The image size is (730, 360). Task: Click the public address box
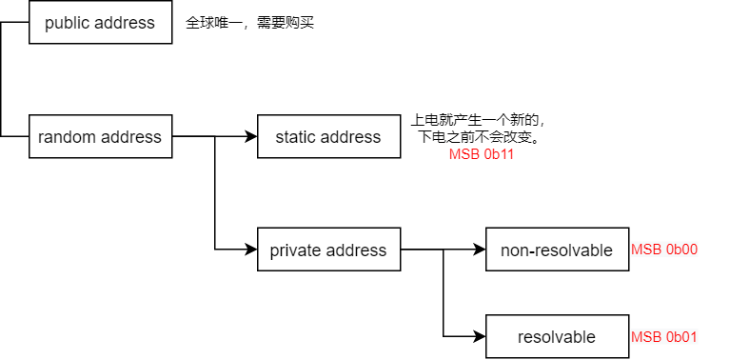coord(100,23)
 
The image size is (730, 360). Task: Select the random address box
coord(100,137)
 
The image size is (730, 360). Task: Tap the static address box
coord(328,137)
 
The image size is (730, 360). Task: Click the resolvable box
coord(557,337)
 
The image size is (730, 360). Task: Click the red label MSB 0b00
coord(664,250)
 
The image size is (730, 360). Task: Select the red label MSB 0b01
coord(664,337)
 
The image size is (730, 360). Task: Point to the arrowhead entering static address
coord(252,137)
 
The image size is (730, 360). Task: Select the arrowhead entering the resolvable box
coord(481,337)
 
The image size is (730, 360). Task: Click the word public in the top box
coord(69,23)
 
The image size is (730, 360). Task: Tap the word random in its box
coord(68,137)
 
